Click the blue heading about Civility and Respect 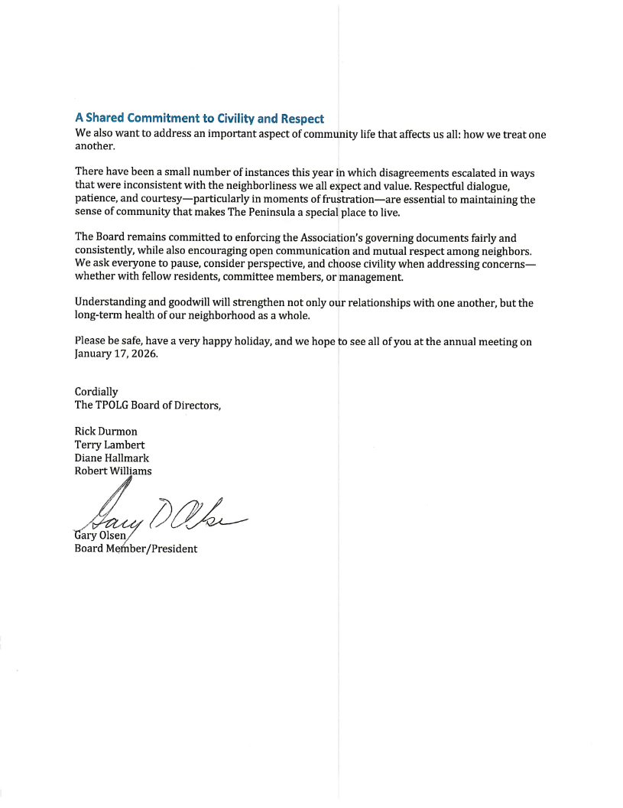coord(199,119)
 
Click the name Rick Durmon coord(105,432)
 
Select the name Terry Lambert coord(109,445)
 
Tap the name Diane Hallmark coord(112,458)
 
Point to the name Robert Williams coord(113,471)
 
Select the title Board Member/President coord(135,549)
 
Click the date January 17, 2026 coord(115,354)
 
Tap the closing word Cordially coord(96,392)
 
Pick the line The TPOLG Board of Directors coord(148,405)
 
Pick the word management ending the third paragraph coord(370,276)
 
